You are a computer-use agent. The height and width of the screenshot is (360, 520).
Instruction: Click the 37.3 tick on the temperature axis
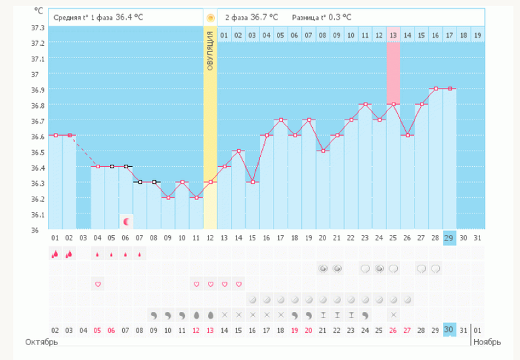point(38,28)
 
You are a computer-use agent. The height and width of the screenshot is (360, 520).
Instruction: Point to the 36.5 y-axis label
point(38,152)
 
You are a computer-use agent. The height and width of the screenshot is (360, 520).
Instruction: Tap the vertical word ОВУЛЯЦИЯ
point(210,51)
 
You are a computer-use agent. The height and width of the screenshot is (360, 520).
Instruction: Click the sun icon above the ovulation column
point(210,17)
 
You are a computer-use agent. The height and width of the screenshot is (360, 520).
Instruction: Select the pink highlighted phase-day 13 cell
point(393,35)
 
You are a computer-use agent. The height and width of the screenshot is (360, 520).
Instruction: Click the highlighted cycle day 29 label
point(449,237)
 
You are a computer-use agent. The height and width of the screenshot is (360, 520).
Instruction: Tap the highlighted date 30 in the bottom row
point(449,330)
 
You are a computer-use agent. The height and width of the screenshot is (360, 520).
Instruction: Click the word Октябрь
point(42,342)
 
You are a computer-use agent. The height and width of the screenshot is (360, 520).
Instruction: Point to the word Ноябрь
point(486,342)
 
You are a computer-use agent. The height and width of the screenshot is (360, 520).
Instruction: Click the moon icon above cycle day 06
point(126,222)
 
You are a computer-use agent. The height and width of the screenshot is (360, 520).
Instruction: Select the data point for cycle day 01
point(55,135)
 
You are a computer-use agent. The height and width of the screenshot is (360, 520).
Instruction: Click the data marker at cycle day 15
point(253,182)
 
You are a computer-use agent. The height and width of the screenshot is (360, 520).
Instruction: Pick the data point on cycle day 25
point(393,104)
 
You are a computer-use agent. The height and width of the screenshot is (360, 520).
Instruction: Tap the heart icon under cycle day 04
point(98,284)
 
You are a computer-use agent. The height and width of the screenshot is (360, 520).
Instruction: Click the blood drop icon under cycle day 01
point(55,254)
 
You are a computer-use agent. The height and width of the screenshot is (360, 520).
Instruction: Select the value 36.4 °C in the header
point(130,17)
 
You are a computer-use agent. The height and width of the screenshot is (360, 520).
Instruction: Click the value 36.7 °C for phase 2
point(263,17)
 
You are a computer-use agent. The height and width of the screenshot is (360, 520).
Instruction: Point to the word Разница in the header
point(307,17)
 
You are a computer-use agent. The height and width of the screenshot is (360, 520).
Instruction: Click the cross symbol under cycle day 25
point(393,315)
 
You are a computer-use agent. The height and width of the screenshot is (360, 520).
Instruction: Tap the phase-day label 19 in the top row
point(477,35)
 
